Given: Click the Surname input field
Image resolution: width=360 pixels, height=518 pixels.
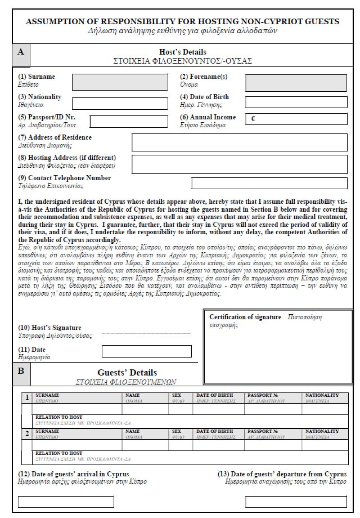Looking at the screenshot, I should coord(120,82).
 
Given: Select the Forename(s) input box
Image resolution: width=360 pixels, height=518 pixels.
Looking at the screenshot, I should coord(296,82).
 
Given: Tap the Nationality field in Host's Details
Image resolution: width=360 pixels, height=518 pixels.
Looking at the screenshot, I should coord(120,104).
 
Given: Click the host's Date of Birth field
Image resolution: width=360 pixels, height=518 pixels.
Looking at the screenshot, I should coord(296,103).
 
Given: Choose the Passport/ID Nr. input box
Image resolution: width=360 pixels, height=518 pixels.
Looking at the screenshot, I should coord(128,121).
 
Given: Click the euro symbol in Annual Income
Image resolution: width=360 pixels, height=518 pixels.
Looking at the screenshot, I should coord(253,119).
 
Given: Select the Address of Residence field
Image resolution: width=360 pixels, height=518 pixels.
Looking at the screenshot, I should coord(239,142).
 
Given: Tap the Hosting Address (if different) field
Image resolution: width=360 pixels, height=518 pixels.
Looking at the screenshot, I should coord(239,164).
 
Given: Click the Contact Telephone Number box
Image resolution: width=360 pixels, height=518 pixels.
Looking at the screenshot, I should coord(269,183).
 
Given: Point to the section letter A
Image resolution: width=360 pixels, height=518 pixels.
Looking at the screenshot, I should coord(21,51).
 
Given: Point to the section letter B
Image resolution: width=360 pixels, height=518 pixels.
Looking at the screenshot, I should coord(21,371).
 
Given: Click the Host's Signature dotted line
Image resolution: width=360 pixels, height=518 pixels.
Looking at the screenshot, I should coord(146,333).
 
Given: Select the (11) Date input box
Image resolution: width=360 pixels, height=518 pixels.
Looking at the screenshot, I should coord(146,352).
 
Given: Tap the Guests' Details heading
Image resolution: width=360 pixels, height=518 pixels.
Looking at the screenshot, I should coord(127,373).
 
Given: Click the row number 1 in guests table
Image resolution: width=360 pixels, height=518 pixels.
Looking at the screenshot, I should coord(26,398).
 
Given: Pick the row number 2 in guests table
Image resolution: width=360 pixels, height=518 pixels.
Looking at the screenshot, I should coord(26,434).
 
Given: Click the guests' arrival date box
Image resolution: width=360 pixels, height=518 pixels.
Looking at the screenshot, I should coord(66,501).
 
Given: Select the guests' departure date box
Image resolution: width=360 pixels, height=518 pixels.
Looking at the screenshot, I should coord(296,501).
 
